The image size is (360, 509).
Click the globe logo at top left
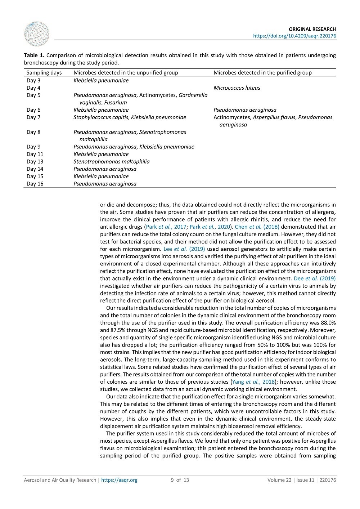coord(36,34)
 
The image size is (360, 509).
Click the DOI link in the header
coord(294,36)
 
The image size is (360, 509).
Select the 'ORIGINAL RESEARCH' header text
coord(312,29)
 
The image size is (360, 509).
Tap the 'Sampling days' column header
coord(44,73)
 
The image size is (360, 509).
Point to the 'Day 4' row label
coord(33,88)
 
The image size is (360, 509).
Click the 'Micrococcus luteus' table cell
coord(237,88)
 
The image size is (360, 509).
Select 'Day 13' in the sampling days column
coord(35,162)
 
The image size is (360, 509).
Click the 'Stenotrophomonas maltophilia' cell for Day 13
coord(111,162)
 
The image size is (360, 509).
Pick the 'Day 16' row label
coord(35,184)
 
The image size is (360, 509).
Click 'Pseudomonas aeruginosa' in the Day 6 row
coord(245,110)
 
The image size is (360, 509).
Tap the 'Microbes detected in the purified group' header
coord(262,73)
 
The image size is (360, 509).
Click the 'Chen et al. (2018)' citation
coord(257,227)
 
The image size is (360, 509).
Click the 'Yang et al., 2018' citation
coord(253,382)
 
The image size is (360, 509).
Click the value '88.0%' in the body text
coord(328,323)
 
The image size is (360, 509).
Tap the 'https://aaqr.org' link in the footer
coord(119,480)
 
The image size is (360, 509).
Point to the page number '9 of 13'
coord(180,480)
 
